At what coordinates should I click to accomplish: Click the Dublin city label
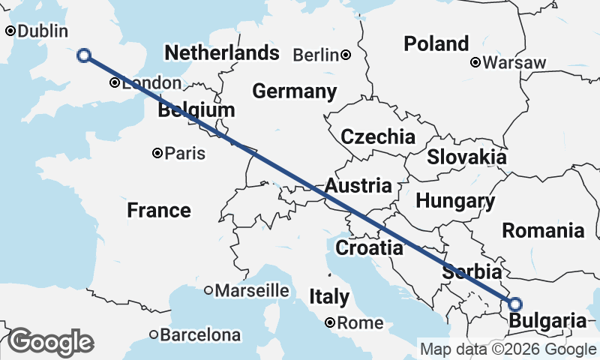(x=42, y=31)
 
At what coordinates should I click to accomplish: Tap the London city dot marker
(x=114, y=83)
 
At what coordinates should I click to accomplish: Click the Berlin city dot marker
(x=346, y=55)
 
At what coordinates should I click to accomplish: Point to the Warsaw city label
(x=514, y=63)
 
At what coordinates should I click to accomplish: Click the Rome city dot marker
(x=330, y=323)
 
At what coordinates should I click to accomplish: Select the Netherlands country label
(x=222, y=53)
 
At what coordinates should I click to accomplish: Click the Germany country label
(x=294, y=91)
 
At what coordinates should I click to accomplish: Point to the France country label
(x=158, y=210)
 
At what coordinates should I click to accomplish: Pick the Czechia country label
(x=378, y=136)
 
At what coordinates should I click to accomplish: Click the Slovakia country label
(x=466, y=157)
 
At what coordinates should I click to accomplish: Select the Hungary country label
(x=455, y=201)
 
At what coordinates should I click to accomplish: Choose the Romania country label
(x=543, y=229)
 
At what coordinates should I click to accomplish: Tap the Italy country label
(x=328, y=297)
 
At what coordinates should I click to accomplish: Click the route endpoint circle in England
(x=84, y=55)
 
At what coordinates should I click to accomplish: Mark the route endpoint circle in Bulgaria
(x=515, y=304)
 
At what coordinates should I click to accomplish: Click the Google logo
(x=50, y=342)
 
